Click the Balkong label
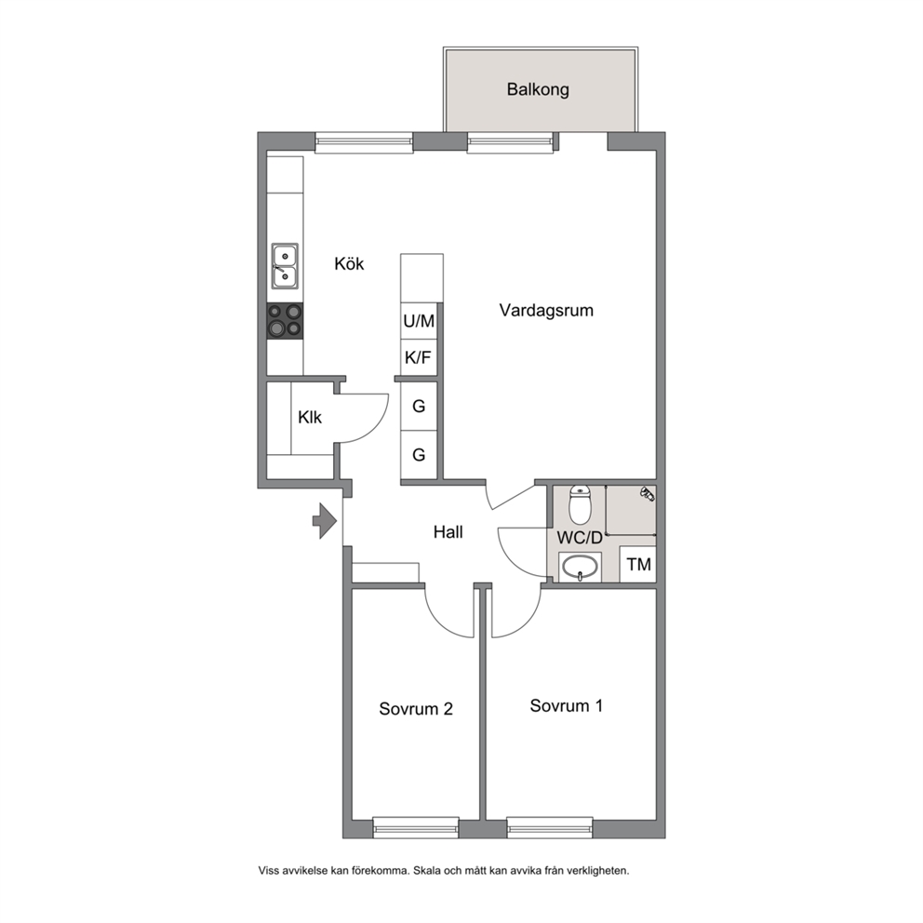pos(538,89)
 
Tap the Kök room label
pos(349,263)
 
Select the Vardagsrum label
pos(546,310)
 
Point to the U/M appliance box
pos(419,321)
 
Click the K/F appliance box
pos(419,357)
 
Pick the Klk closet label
pos(310,418)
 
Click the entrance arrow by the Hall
pos(325,521)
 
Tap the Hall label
pos(448,532)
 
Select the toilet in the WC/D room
pos(580,504)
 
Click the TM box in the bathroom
pos(638,565)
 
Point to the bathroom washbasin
pos(580,568)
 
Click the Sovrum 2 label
pos(416,709)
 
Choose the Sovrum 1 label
pos(567,706)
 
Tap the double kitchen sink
pos(285,266)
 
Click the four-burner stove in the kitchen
pos(285,321)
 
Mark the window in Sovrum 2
pos(416,828)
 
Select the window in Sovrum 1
pos(550,828)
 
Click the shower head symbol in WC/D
pos(648,494)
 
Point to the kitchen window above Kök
pos(364,143)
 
